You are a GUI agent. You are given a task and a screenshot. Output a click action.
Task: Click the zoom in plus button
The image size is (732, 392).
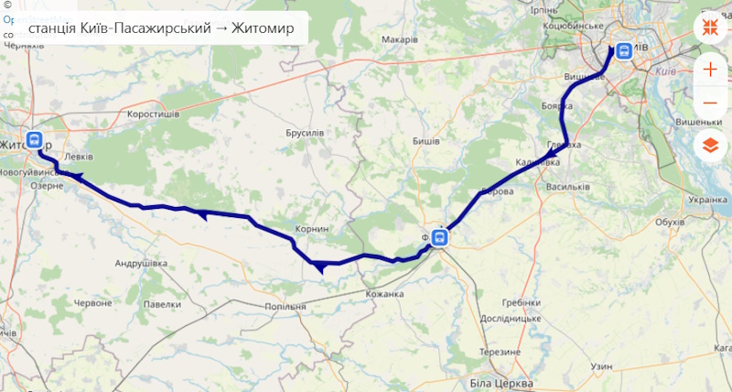pos(711,69)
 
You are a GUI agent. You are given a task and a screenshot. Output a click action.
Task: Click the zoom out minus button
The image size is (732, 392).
pos(711,103)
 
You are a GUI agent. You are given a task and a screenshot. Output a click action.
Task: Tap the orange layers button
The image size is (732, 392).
pos(711,145)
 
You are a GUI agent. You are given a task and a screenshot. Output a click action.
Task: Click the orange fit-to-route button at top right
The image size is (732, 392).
pos(711,27)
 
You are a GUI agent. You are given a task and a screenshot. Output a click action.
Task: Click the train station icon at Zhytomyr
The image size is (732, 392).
pos(35,141)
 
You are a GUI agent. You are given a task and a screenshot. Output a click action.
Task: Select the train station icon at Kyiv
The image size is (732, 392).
pos(624,51)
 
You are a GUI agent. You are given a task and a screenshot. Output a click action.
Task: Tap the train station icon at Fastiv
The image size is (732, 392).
pos(440,238)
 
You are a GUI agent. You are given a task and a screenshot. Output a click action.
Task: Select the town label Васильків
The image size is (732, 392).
pos(566,187)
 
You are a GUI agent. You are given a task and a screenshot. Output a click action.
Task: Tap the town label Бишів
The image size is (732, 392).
pos(425,141)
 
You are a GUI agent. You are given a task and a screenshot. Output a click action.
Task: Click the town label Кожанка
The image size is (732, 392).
pos(384,294)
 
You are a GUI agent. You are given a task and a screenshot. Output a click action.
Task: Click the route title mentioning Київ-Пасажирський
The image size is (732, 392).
pos(161,28)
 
